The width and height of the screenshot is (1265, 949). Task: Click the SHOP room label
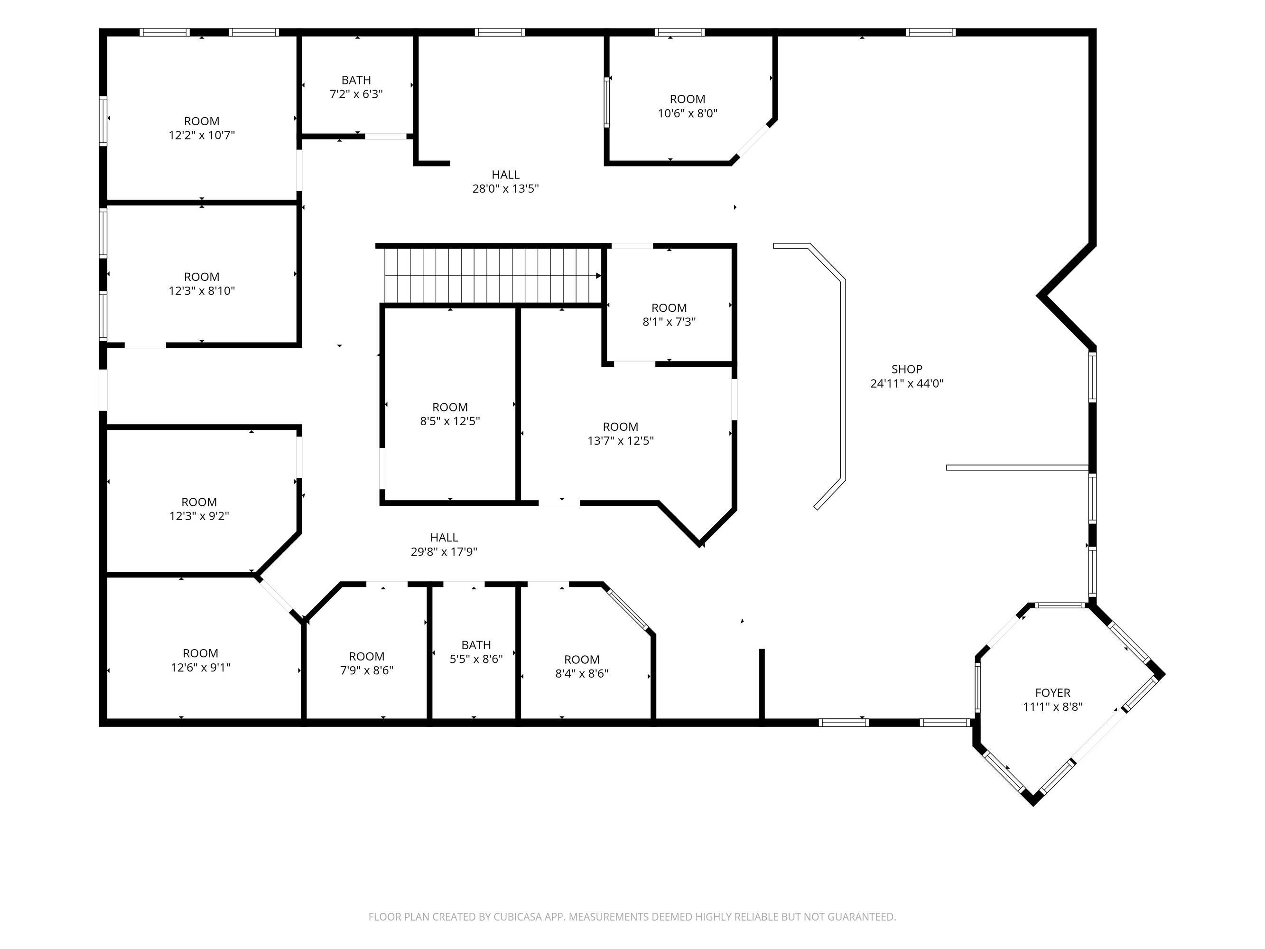coord(906,370)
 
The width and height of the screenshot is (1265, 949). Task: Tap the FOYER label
coord(1053,693)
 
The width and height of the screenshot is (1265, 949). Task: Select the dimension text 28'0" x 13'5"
coord(505,189)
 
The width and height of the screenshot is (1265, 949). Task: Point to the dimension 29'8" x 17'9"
coord(444,552)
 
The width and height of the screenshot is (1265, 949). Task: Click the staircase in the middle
coord(493,275)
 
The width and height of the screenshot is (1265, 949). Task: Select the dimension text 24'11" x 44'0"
coord(906,384)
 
